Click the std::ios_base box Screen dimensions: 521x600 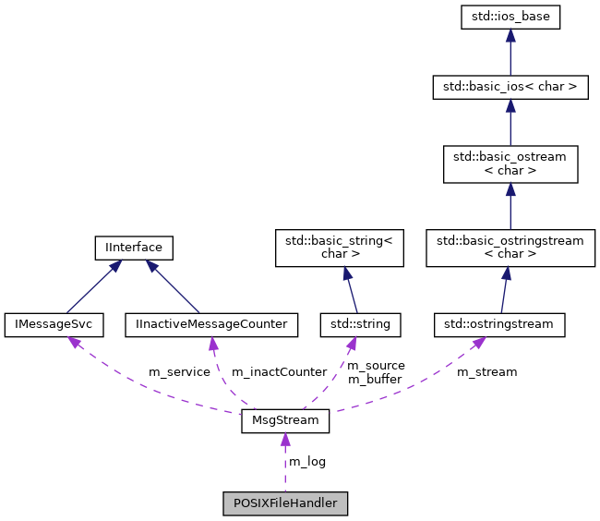point(510,16)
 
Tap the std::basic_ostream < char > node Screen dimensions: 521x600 point(510,164)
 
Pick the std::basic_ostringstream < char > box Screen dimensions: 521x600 point(510,248)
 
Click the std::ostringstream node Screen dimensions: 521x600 point(499,324)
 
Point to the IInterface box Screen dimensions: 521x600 point(134,248)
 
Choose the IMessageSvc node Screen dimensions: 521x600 point(54,324)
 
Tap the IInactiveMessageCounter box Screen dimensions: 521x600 point(211,324)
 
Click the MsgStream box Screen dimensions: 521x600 point(285,421)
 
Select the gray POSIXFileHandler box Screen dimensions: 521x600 point(285,503)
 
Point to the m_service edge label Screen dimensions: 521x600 point(179,372)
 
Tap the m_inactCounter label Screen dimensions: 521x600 point(279,372)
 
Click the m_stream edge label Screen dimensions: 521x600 point(486,372)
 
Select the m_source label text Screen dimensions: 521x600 point(376,366)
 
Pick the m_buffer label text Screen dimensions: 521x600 point(375,380)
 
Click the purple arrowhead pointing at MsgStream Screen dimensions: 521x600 point(285,440)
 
